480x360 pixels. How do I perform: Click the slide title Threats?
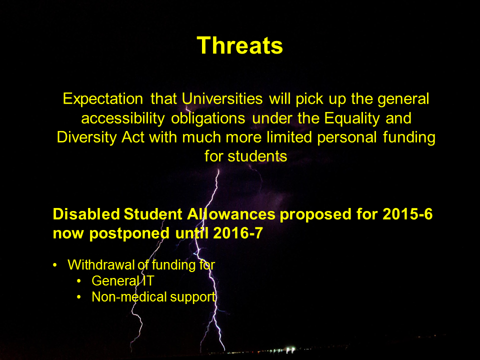click(239, 45)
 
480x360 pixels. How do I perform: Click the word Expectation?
click(103, 99)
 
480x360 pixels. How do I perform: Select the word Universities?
click(222, 98)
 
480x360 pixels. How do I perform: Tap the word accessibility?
click(123, 118)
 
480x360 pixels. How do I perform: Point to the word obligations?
click(208, 118)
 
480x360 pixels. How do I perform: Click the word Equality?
click(352, 118)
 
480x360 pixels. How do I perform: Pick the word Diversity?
click(86, 137)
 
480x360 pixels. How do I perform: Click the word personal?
click(347, 137)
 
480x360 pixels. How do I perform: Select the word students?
click(257, 156)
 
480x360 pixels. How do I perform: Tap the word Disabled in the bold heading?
click(86, 213)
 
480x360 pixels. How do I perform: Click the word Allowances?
click(231, 213)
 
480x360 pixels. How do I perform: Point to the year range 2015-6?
click(407, 213)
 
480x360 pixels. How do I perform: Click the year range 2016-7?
click(238, 233)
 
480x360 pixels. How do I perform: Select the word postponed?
click(129, 233)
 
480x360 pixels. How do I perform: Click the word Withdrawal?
click(101, 265)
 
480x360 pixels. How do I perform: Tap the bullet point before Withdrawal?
click(55, 265)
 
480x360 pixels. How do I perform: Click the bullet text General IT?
click(123, 280)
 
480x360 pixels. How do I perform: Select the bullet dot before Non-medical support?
click(79, 297)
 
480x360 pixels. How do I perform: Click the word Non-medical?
click(129, 296)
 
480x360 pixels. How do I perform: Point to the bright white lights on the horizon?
click(288, 349)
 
